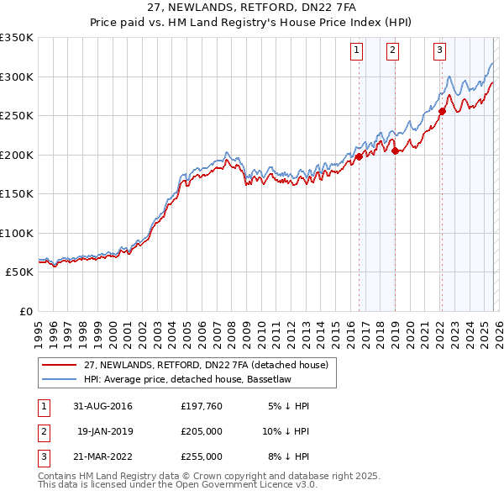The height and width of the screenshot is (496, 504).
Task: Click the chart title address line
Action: [251, 8]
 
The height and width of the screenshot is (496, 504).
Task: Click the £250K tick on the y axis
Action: [17, 116]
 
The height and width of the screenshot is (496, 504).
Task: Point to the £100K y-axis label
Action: [17, 233]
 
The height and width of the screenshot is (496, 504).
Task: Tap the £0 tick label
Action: [25, 311]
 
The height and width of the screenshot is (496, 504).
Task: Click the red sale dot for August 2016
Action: [359, 156]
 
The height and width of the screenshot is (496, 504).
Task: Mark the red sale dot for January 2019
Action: [395, 151]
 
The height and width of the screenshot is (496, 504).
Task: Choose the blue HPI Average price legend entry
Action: [185, 379]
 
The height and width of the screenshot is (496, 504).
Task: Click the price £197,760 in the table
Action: [202, 406]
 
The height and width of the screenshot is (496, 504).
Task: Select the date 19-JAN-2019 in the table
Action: [106, 431]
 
